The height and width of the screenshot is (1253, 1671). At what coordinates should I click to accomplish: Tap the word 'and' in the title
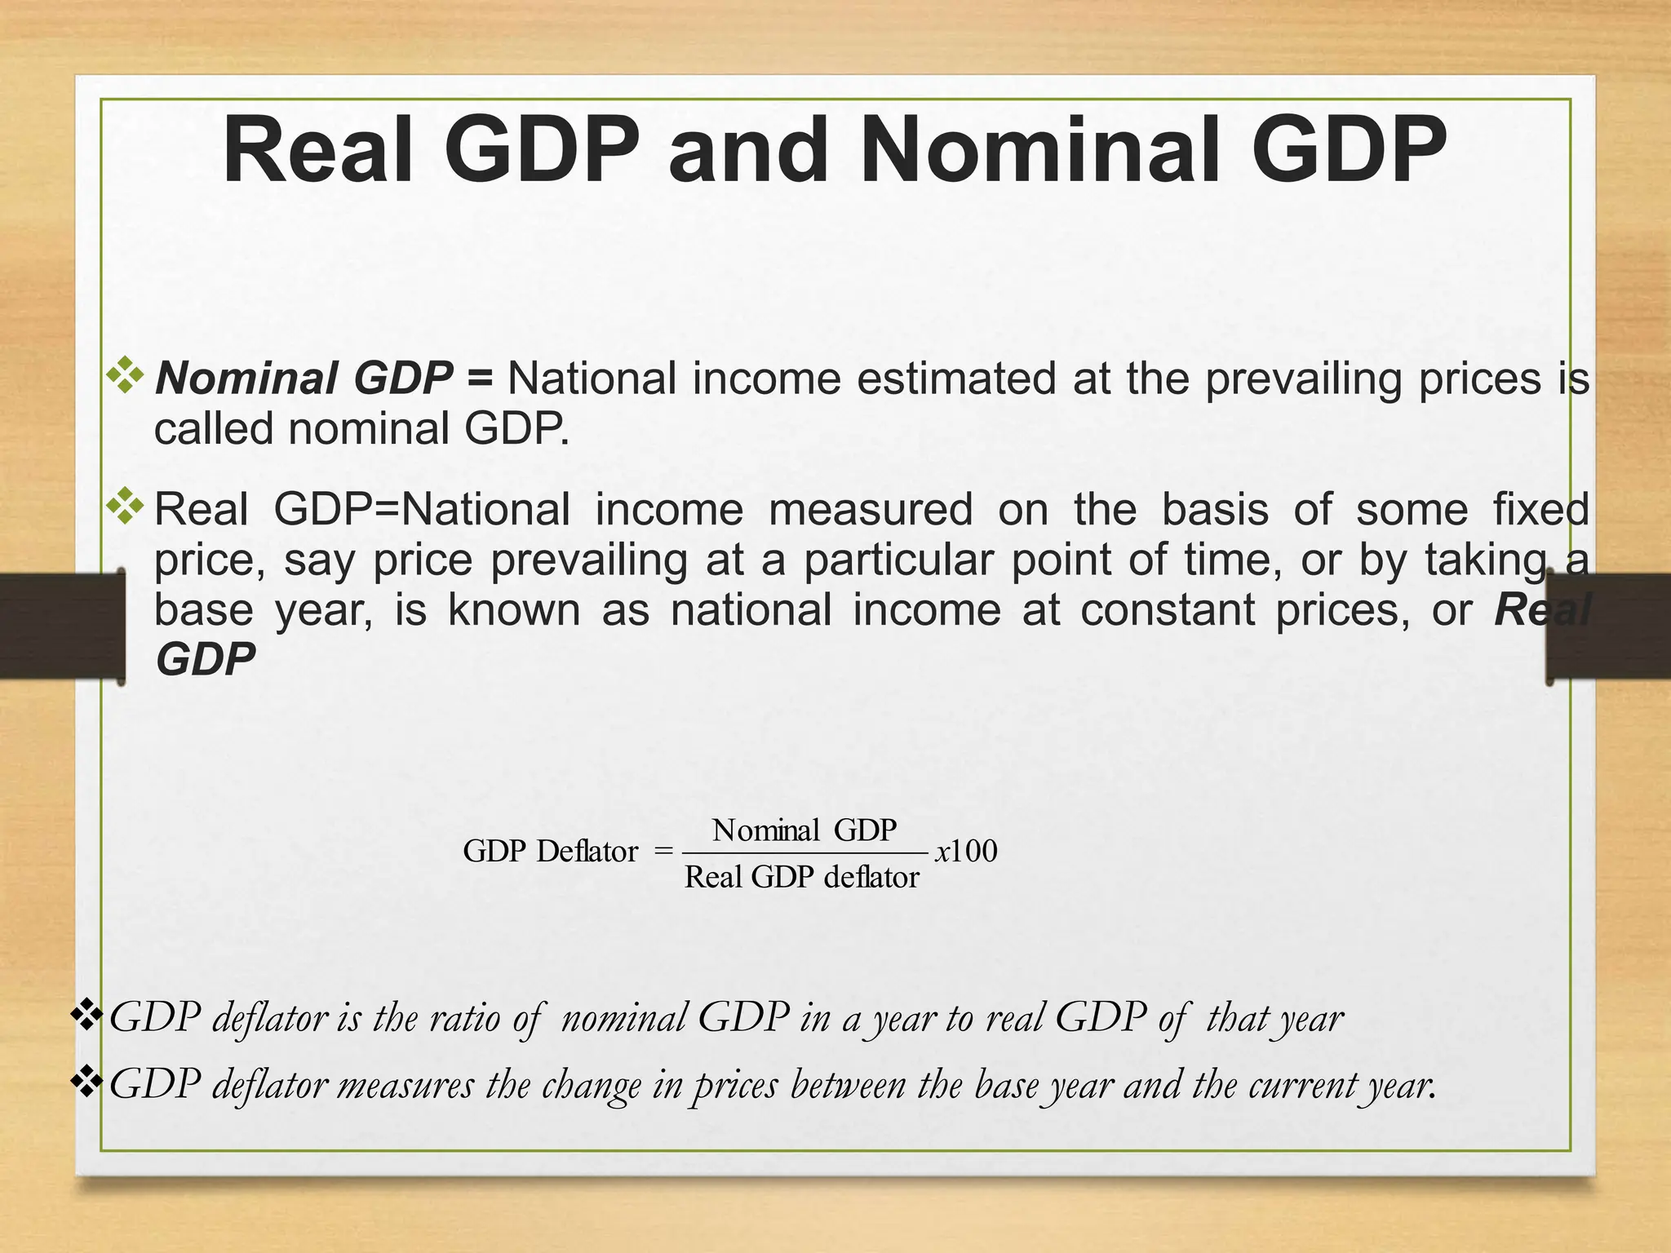[x=747, y=152]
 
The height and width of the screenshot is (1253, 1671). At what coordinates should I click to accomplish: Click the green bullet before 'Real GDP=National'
[x=126, y=506]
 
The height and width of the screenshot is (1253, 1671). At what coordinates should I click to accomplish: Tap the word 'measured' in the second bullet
[x=871, y=510]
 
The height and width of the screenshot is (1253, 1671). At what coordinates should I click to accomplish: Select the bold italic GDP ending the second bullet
[x=206, y=660]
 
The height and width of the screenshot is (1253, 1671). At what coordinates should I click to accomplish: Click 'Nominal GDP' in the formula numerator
[x=804, y=830]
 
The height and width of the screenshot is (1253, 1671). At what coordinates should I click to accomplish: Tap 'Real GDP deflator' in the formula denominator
[x=801, y=878]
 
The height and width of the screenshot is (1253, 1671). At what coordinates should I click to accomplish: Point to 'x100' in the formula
[x=966, y=852]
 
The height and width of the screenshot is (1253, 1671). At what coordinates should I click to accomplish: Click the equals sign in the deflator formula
[x=663, y=852]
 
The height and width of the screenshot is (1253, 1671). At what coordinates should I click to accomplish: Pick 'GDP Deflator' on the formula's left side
[x=550, y=852]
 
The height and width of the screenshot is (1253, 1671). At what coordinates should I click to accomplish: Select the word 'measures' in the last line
[x=406, y=1086]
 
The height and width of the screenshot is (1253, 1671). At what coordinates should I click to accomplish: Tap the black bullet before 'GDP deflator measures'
[x=86, y=1082]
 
